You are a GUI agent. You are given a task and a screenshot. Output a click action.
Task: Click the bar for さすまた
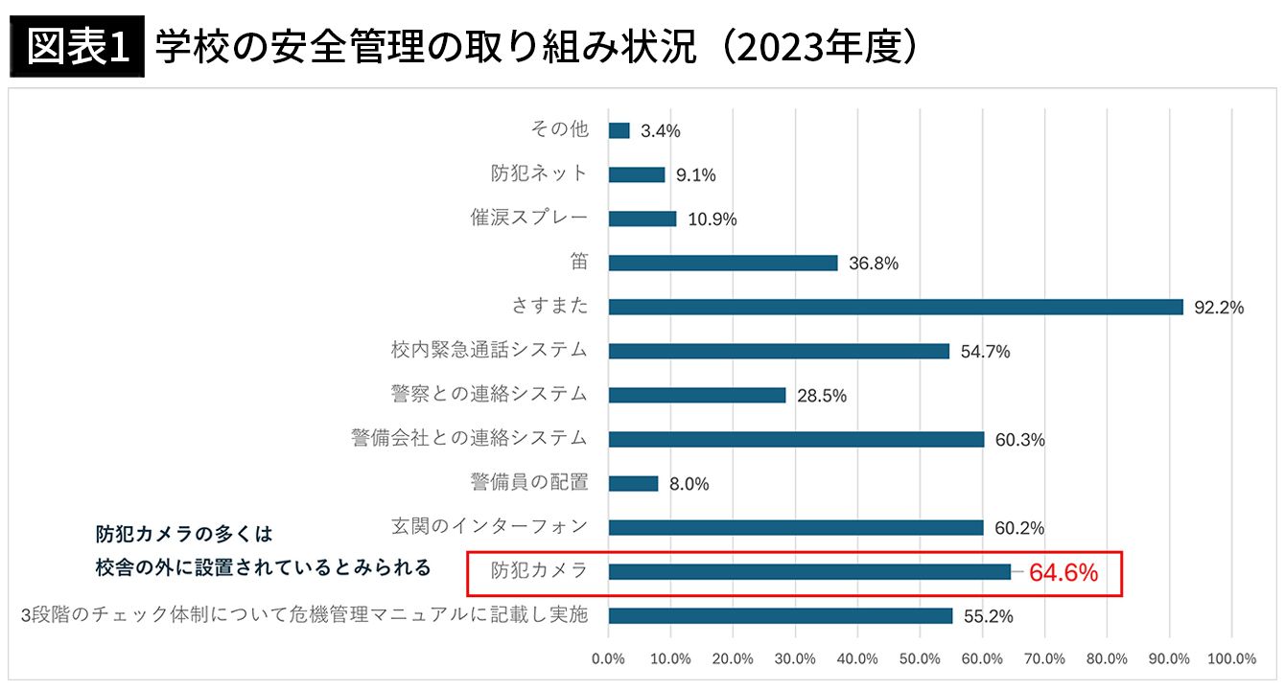tap(896, 307)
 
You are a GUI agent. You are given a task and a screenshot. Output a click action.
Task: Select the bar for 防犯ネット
tap(637, 174)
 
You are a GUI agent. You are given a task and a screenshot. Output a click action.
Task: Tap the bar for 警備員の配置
tap(633, 484)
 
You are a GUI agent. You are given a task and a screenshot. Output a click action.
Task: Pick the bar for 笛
tap(723, 263)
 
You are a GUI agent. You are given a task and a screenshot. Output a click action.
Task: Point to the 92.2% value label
tap(1219, 308)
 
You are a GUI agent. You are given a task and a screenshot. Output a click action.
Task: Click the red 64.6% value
tap(1063, 573)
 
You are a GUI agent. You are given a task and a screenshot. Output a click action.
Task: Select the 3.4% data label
tap(661, 131)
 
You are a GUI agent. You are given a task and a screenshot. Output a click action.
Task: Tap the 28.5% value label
tap(822, 396)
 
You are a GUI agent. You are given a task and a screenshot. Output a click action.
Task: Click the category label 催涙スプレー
tap(528, 218)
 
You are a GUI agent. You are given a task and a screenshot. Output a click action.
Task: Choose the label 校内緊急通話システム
tap(489, 350)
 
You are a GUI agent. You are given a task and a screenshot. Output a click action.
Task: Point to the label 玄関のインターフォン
tap(489, 526)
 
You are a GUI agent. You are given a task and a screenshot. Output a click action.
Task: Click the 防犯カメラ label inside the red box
tap(539, 570)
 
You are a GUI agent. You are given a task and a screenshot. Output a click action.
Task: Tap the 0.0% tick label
tap(608, 658)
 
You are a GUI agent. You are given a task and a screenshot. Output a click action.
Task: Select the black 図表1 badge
tap(77, 49)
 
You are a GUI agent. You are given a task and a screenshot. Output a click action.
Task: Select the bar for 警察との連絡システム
tap(697, 395)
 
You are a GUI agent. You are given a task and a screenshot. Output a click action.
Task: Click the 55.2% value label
tap(988, 616)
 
